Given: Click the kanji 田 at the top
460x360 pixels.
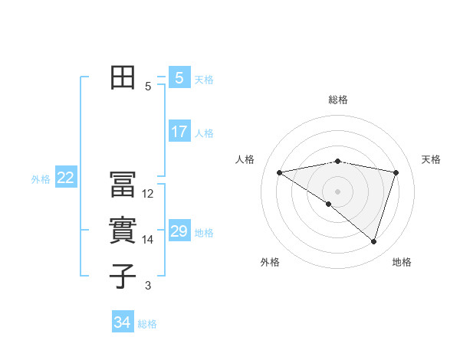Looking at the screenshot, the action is click(x=123, y=79).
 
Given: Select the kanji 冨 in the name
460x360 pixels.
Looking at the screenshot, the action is click(x=123, y=185).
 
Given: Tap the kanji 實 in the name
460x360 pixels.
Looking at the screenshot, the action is click(x=123, y=231).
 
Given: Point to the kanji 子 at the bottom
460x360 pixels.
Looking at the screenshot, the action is click(x=123, y=277).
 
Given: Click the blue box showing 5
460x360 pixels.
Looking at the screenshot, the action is click(x=179, y=78).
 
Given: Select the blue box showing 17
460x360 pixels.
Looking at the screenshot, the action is click(x=179, y=132).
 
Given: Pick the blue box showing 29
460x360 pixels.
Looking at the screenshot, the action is click(x=179, y=231).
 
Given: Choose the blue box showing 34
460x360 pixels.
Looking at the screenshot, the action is click(x=122, y=322).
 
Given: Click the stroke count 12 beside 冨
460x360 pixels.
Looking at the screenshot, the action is click(x=148, y=194).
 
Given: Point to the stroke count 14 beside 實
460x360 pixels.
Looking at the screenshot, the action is click(x=148, y=240).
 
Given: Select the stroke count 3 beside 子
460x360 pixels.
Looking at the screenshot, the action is click(x=148, y=286).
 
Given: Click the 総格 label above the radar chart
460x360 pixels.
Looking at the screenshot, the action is click(x=337, y=100).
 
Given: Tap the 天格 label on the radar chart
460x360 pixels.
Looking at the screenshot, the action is click(x=431, y=159).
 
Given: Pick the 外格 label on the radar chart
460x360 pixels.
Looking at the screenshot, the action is click(x=269, y=262).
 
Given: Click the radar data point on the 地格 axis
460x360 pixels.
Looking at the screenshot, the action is click(x=373, y=241).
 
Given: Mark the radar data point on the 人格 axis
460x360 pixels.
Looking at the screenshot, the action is click(x=279, y=172).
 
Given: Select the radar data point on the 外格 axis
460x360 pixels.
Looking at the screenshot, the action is click(x=329, y=204).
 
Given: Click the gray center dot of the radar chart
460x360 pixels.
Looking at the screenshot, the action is click(x=337, y=191).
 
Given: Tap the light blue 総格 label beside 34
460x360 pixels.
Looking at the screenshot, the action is click(x=147, y=324).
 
